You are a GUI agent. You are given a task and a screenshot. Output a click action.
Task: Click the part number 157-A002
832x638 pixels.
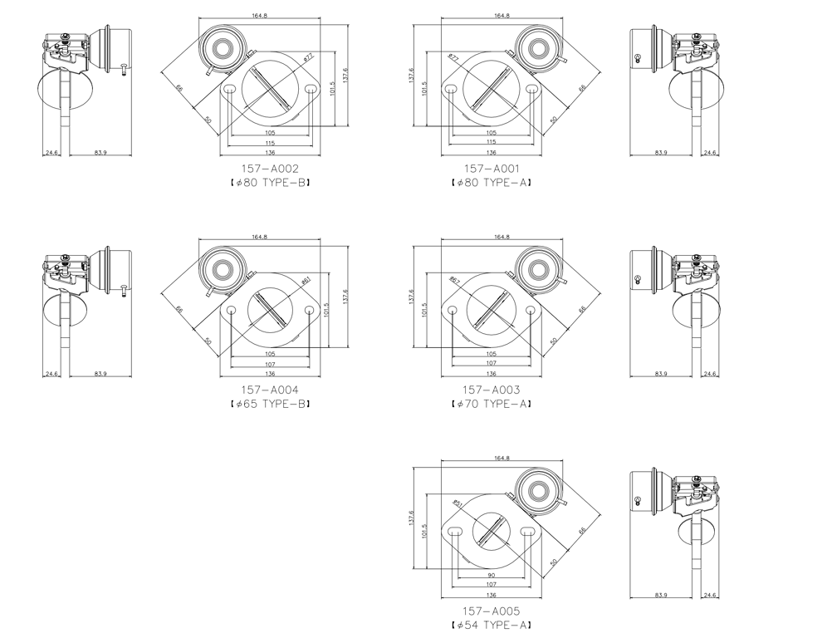pyautogui.click(x=270, y=169)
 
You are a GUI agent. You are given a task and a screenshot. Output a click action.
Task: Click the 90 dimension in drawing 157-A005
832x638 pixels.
pyautogui.click(x=491, y=575)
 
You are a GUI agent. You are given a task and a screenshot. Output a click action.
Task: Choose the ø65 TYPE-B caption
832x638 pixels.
pyautogui.click(x=270, y=404)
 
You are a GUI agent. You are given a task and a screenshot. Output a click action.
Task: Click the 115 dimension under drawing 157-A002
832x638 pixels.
pyautogui.click(x=270, y=142)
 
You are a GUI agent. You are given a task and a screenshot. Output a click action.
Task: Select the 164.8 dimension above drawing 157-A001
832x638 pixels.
pyautogui.click(x=502, y=16)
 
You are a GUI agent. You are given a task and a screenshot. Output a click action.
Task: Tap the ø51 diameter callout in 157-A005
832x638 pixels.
pyautogui.click(x=458, y=503)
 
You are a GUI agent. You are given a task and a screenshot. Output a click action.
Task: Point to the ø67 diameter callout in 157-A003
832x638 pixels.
pyautogui.click(x=454, y=281)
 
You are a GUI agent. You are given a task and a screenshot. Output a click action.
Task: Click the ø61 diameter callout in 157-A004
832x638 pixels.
pyautogui.click(x=306, y=280)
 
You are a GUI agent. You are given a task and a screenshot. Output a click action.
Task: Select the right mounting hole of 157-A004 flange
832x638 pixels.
pyautogui.click(x=310, y=310)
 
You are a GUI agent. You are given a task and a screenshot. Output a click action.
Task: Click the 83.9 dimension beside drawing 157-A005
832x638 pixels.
pyautogui.click(x=661, y=595)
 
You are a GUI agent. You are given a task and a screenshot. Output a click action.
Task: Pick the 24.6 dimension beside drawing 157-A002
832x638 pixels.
pyautogui.click(x=51, y=153)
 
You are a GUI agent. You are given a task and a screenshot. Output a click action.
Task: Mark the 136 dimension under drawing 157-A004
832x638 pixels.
pyautogui.click(x=270, y=374)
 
